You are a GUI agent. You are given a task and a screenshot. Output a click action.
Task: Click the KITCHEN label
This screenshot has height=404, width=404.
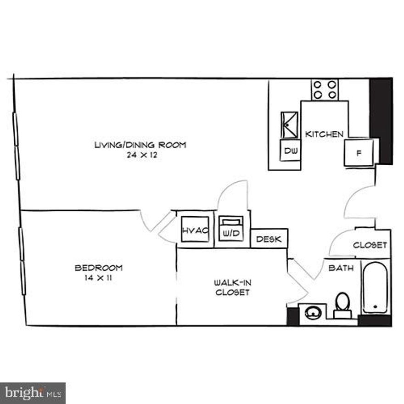pyautogui.click(x=324, y=134)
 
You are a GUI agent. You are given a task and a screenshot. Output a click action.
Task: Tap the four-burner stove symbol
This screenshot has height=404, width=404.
pyautogui.click(x=325, y=89)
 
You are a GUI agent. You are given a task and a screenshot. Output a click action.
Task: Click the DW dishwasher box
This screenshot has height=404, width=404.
pyautogui.click(x=290, y=151)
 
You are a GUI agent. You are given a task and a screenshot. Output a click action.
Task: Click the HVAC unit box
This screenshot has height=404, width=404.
pyautogui.click(x=195, y=230)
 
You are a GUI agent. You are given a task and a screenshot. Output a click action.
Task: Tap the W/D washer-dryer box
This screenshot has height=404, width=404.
pyautogui.click(x=232, y=228)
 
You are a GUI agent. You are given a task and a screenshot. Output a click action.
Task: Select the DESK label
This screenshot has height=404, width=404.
pyautogui.click(x=269, y=239)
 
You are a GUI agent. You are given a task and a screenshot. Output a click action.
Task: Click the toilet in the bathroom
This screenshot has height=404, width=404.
pyautogui.click(x=342, y=305)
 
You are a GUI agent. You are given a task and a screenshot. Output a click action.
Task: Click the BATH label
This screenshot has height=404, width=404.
pyautogui.click(x=341, y=268)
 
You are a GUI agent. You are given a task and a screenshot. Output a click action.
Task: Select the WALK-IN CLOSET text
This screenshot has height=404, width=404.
pyautogui.click(x=232, y=287)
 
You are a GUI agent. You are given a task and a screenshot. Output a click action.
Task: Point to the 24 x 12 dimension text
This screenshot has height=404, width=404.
pyautogui.click(x=140, y=155)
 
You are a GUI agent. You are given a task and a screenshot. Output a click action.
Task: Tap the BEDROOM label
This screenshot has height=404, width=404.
pyautogui.click(x=99, y=268)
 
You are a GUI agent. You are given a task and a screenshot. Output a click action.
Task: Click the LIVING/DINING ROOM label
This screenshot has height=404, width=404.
pyautogui.click(x=140, y=145)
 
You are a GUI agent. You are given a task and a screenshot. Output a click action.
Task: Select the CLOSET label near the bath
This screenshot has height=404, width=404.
pyautogui.click(x=370, y=245)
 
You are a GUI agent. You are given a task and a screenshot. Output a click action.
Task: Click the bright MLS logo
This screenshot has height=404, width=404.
pyautogui.click(x=33, y=393)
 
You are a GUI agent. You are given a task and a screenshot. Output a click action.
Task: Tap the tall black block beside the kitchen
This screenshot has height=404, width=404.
pyautogui.click(x=381, y=120)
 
